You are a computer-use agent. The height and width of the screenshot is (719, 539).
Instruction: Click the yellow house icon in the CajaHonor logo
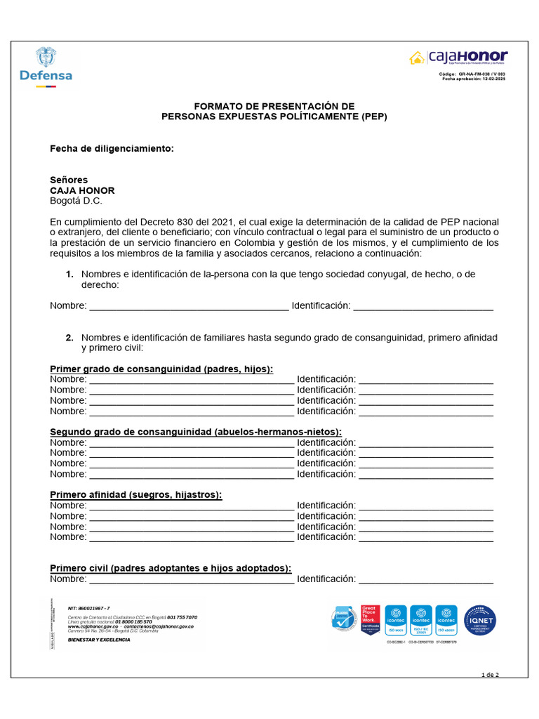417,58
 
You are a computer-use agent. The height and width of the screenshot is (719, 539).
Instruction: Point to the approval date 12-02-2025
491,79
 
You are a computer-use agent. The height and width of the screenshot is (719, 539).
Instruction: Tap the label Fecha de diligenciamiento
111,149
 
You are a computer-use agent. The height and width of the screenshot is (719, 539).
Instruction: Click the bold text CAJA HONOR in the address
82,190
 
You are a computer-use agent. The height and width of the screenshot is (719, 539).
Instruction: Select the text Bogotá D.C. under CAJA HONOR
76,201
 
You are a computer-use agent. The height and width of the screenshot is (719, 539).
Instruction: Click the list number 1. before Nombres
69,275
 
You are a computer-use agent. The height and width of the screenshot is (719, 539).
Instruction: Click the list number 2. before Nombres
69,338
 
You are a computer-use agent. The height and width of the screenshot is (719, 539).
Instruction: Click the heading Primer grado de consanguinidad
161,369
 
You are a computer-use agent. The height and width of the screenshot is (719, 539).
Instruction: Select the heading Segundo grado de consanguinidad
196,432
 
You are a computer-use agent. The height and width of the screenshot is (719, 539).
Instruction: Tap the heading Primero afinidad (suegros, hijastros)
135,495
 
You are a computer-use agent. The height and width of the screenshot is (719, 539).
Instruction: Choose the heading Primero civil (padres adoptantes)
171,568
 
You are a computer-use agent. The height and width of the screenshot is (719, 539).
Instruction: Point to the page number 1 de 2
490,675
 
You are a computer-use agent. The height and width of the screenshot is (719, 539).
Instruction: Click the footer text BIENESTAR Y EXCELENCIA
99,640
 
